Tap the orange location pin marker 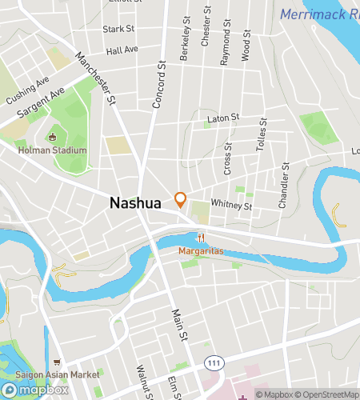[x=181, y=198]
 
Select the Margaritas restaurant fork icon [x=202, y=238]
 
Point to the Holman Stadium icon [x=53, y=137]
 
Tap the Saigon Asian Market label [x=62, y=374]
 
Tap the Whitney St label [x=231, y=205]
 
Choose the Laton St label [x=223, y=118]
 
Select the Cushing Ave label [x=27, y=90]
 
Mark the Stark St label [x=118, y=29]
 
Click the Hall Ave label [x=122, y=50]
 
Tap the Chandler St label [x=283, y=189]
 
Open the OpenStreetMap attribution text [x=328, y=394]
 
